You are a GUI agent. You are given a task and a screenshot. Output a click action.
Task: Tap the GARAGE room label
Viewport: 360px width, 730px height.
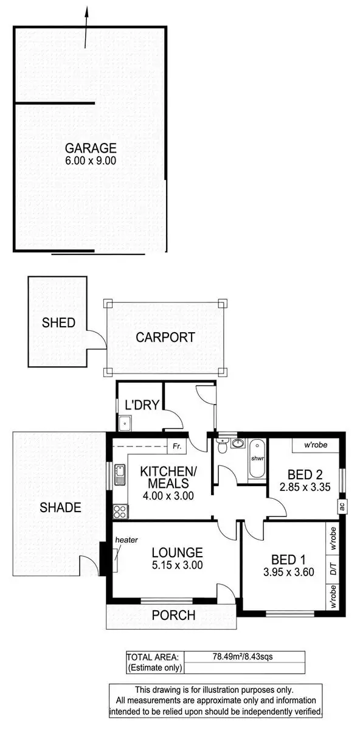[x=91, y=148]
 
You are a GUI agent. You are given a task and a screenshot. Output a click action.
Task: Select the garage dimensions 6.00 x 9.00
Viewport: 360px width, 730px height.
[x=91, y=161]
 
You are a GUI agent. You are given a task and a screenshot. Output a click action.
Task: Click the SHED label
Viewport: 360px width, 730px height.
[x=58, y=322]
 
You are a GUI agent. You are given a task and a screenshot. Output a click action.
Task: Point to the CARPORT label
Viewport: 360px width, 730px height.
[x=165, y=337]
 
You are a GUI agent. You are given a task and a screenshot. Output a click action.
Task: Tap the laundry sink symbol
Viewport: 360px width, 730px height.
[x=125, y=421]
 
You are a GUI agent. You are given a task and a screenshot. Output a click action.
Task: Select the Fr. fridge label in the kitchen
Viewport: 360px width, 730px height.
[x=176, y=446]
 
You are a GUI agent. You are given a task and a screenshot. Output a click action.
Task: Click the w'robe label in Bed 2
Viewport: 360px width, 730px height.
[x=316, y=445]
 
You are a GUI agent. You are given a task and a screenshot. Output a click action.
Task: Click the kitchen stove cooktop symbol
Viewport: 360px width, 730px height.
[x=118, y=510]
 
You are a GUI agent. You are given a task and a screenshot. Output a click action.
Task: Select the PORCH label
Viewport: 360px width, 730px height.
[x=175, y=615]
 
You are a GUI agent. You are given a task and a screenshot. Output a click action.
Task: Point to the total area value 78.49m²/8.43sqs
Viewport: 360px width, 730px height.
[x=242, y=656]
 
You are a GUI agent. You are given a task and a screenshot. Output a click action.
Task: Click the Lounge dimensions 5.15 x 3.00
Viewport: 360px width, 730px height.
[x=177, y=565]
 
